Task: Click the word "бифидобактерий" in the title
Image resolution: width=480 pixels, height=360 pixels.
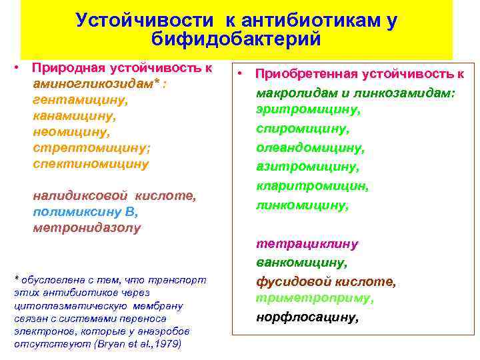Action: pos(236,39)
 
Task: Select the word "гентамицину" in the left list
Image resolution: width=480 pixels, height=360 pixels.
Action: pos(80,100)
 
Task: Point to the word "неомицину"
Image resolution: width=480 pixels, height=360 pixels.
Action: pos(71,131)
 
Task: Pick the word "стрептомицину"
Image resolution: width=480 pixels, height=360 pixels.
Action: pos(83,147)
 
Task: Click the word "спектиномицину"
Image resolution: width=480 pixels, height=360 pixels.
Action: pos(91,163)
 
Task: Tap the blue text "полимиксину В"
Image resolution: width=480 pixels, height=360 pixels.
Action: pos(85,211)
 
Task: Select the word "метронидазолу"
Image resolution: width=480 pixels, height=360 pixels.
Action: pos(87,227)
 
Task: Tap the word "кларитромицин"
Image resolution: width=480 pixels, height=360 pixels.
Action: pos(313,186)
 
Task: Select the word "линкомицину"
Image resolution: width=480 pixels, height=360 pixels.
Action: pos(302,205)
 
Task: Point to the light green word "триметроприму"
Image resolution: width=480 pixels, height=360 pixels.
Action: pos(315,299)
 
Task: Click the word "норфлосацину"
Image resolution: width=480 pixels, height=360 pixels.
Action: pos(307,318)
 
